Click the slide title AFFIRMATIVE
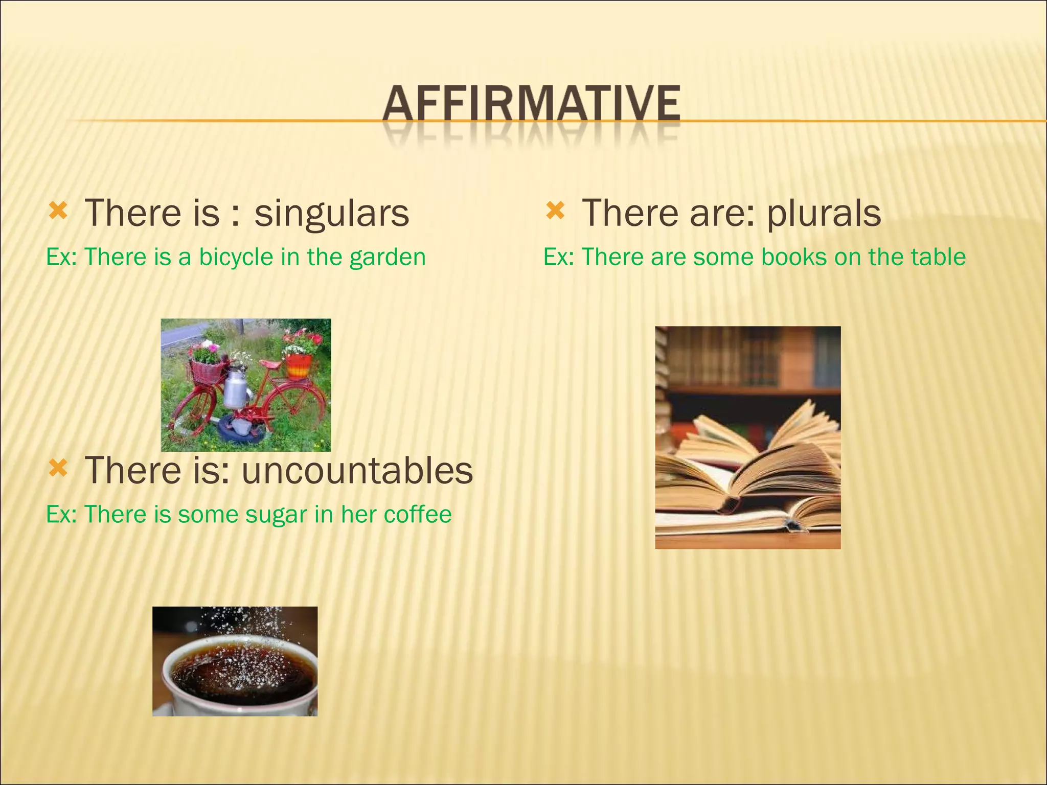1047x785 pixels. pos(532,105)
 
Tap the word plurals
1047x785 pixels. pos(824,213)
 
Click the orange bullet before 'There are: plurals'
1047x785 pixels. pos(555,211)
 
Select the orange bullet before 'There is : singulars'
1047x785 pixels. pos(58,211)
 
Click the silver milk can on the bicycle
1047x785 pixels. pos(236,389)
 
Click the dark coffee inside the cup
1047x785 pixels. pos(240,669)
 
